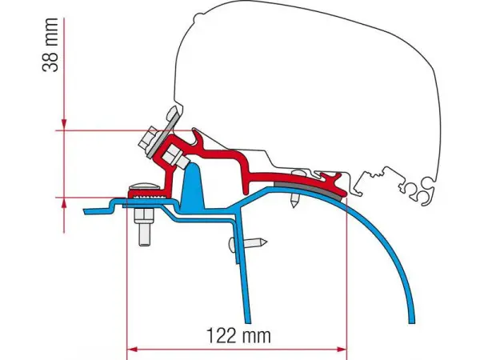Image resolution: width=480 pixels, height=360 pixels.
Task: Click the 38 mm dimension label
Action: (50, 45)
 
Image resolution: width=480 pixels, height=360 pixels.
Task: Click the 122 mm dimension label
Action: (238, 335)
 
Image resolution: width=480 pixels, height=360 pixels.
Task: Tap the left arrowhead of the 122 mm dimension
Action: (132, 350)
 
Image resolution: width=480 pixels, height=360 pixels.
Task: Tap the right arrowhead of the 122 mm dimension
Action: (342, 350)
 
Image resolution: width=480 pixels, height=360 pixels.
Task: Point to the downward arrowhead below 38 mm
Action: (64, 124)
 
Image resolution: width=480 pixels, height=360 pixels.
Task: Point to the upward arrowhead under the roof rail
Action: (64, 203)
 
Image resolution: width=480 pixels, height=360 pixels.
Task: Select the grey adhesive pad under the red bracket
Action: (310, 190)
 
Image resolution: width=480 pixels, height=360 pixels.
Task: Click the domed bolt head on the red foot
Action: (144, 187)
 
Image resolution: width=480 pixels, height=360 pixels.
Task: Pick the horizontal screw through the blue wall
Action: (247, 242)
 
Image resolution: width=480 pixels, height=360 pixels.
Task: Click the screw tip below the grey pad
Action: (294, 202)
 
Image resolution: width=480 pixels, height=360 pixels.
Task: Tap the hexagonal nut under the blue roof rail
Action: (143, 216)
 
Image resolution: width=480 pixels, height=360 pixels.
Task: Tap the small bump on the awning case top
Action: (199, 16)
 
